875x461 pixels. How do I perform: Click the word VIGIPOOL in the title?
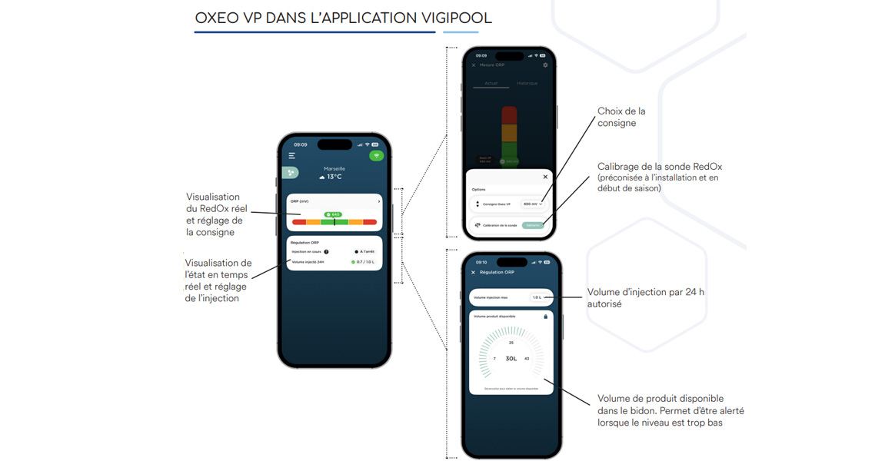[452, 18]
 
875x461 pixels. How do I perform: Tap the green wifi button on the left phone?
[376, 156]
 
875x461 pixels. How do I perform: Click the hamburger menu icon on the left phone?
[292, 156]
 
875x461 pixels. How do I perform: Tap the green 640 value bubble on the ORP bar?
[333, 214]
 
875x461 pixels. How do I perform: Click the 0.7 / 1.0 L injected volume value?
[363, 262]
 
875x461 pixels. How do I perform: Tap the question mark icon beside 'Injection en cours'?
[326, 251]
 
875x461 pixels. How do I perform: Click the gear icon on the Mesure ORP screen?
[545, 65]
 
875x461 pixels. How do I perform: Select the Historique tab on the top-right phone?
[527, 83]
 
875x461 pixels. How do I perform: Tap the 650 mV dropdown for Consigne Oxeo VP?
[533, 204]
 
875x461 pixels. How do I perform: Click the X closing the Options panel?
[545, 177]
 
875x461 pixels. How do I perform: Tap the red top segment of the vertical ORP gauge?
[509, 115]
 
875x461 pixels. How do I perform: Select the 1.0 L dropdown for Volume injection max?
[537, 297]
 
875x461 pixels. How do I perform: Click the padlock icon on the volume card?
[546, 317]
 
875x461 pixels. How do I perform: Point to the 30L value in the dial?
[511, 359]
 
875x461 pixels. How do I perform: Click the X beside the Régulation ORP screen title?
[473, 273]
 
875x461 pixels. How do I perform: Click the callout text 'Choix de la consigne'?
[621, 117]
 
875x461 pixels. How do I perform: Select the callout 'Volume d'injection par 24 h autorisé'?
[645, 298]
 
